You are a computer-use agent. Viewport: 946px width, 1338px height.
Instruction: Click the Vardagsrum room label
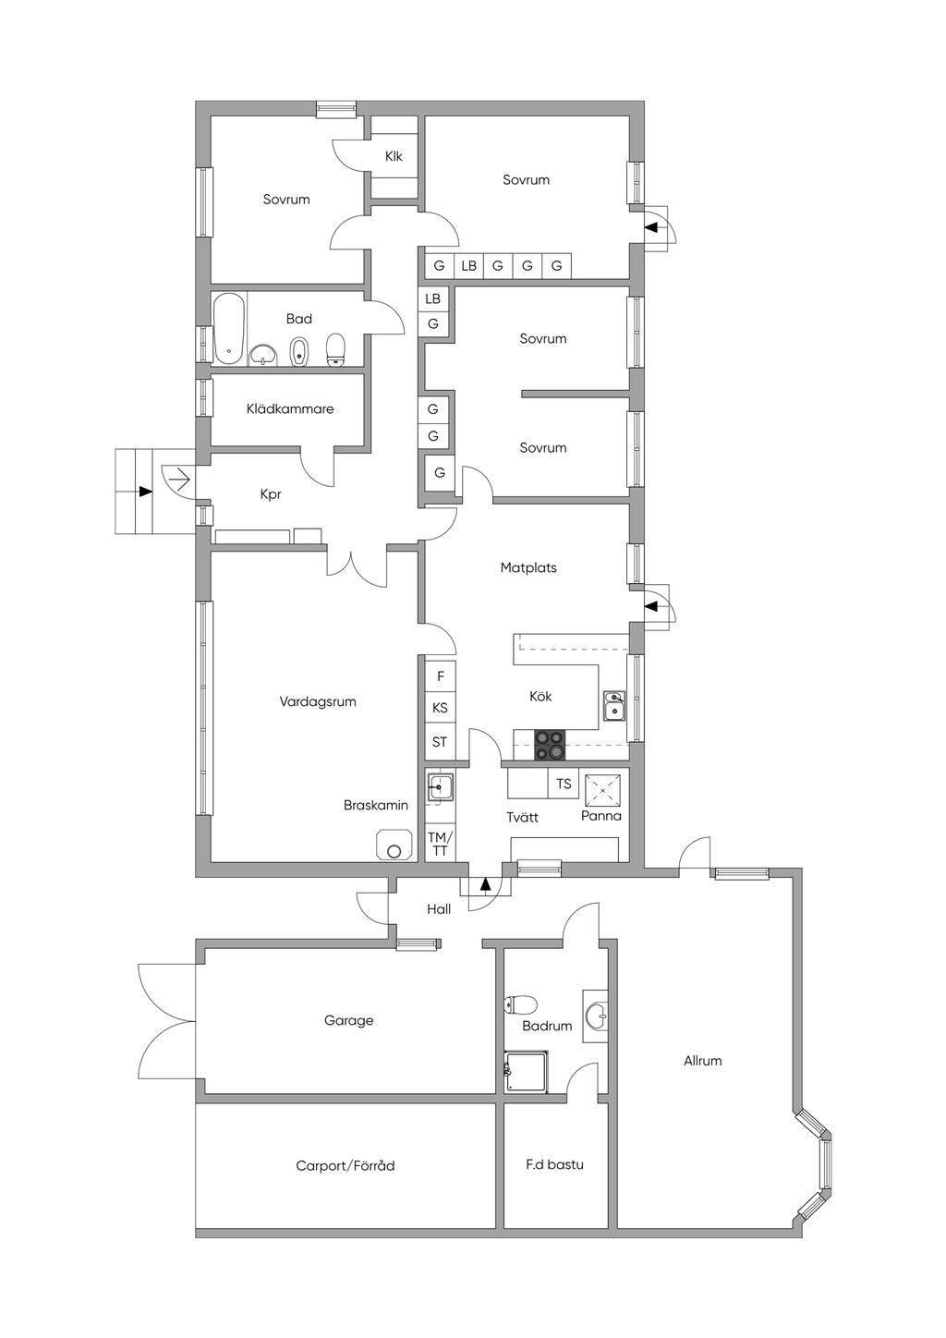tap(318, 701)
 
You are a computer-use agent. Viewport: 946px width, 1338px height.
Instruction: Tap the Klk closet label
tap(394, 156)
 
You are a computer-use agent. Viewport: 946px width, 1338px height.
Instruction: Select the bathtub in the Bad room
tap(229, 329)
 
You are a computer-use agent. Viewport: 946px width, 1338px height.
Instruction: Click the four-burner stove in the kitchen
tap(550, 746)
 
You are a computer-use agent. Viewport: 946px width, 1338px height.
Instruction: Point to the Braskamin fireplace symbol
tap(394, 845)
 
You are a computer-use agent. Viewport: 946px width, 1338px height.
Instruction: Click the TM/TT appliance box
tap(440, 844)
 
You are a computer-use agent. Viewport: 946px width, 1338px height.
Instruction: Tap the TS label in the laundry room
tap(564, 783)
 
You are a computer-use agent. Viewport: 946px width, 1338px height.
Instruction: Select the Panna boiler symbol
tap(602, 790)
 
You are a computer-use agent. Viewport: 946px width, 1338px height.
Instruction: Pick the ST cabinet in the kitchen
tap(440, 743)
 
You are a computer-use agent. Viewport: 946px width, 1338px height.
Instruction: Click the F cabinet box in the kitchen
tap(440, 676)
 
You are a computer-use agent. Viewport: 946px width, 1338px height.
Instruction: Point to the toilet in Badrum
tap(518, 1004)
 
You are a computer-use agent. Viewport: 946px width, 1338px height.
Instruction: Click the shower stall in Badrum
tap(527, 1072)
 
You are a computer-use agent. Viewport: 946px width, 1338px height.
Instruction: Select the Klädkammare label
tap(290, 409)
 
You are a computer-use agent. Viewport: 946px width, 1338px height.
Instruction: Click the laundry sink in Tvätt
tap(440, 788)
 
